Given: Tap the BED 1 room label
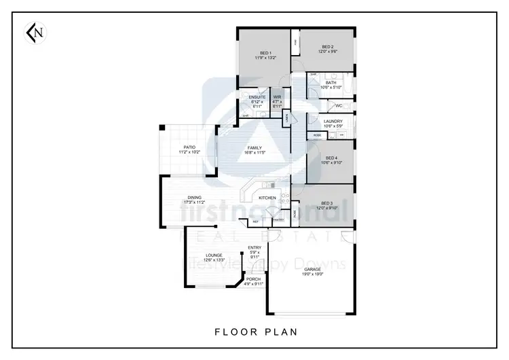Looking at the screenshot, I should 265,52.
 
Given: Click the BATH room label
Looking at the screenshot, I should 331,83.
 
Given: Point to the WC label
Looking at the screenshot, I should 338,106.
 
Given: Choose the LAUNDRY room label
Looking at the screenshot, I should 333,122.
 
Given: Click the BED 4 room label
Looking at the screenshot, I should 331,158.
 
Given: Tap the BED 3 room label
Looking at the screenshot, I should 327,203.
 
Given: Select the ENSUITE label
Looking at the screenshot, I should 257,98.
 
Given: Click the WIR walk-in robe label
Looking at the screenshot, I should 277,98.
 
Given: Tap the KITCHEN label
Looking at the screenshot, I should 267,198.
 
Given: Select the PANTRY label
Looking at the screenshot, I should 278,219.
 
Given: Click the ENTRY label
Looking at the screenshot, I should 254,247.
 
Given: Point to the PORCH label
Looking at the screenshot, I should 253,278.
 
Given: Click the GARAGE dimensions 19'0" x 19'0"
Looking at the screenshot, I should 312,273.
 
